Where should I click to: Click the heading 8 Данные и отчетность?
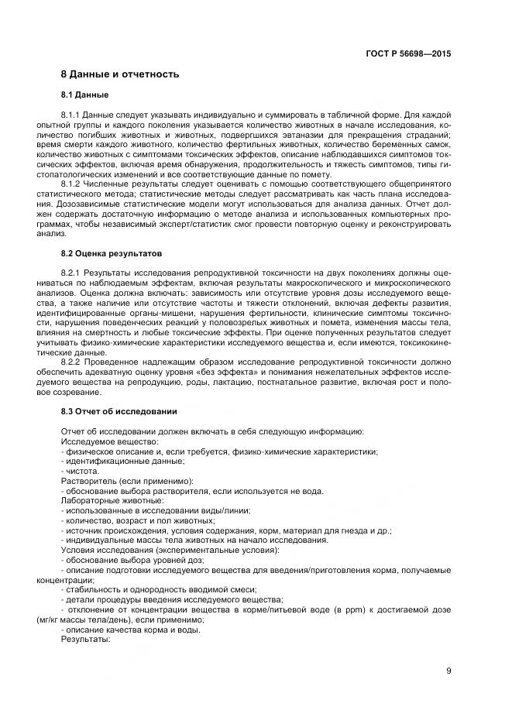pyautogui.click(x=120, y=74)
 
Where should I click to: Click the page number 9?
pyautogui.click(x=448, y=671)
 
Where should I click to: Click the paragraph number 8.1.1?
pyautogui.click(x=71, y=115)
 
